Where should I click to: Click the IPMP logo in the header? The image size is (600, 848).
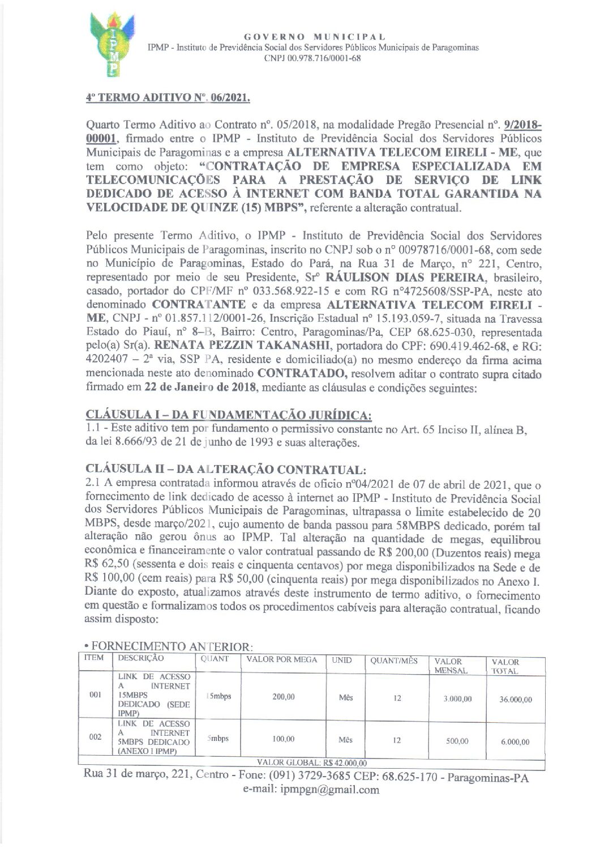[114, 46]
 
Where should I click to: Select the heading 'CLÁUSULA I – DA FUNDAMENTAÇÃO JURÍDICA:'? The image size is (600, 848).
[228, 416]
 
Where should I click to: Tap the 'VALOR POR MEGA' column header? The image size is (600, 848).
[282, 660]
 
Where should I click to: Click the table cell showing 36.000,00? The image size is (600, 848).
[515, 700]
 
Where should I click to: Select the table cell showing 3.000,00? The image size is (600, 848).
[457, 699]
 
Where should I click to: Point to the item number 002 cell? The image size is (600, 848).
[95, 737]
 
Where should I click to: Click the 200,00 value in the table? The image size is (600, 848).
[283, 697]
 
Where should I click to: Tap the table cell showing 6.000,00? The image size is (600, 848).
[515, 742]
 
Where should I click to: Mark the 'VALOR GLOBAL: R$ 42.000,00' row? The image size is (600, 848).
[312, 762]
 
